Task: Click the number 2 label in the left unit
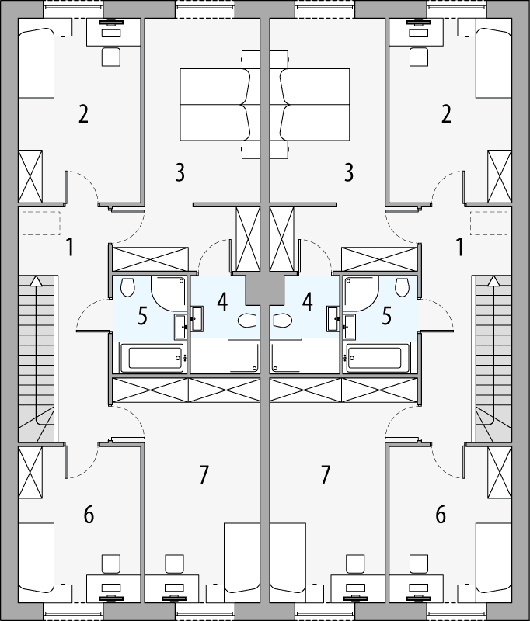click(82, 114)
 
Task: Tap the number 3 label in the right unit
click(350, 172)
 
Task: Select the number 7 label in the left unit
click(204, 474)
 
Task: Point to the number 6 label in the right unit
click(441, 514)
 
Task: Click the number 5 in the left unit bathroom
click(142, 316)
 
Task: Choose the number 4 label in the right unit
click(308, 300)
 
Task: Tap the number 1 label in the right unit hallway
click(459, 248)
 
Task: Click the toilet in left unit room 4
click(247, 320)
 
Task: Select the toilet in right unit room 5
click(402, 288)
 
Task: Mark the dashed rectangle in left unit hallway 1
click(37, 224)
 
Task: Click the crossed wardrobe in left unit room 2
click(32, 176)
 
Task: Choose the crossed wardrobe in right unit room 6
click(498, 473)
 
